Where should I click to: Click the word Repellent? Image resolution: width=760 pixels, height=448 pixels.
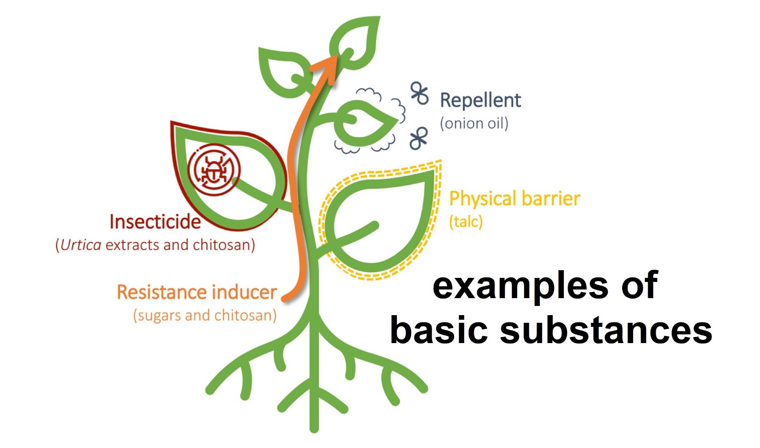pyautogui.click(x=480, y=100)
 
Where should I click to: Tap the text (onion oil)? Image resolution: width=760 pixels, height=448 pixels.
pyautogui.click(x=474, y=123)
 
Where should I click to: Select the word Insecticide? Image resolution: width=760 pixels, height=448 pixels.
pyautogui.click(x=155, y=222)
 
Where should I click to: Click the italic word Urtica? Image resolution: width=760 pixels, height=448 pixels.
pyautogui.click(x=81, y=245)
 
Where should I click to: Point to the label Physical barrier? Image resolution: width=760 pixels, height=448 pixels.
pyautogui.click(x=515, y=199)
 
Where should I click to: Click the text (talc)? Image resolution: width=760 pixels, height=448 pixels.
pyautogui.click(x=466, y=222)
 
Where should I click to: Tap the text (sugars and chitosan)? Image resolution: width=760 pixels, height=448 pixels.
pyautogui.click(x=205, y=315)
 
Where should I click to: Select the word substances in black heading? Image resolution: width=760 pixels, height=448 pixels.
pyautogui.click(x=606, y=330)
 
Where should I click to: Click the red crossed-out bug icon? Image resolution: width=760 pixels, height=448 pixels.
pyautogui.click(x=214, y=170)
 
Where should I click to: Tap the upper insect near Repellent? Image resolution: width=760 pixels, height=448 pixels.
pyautogui.click(x=420, y=94)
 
